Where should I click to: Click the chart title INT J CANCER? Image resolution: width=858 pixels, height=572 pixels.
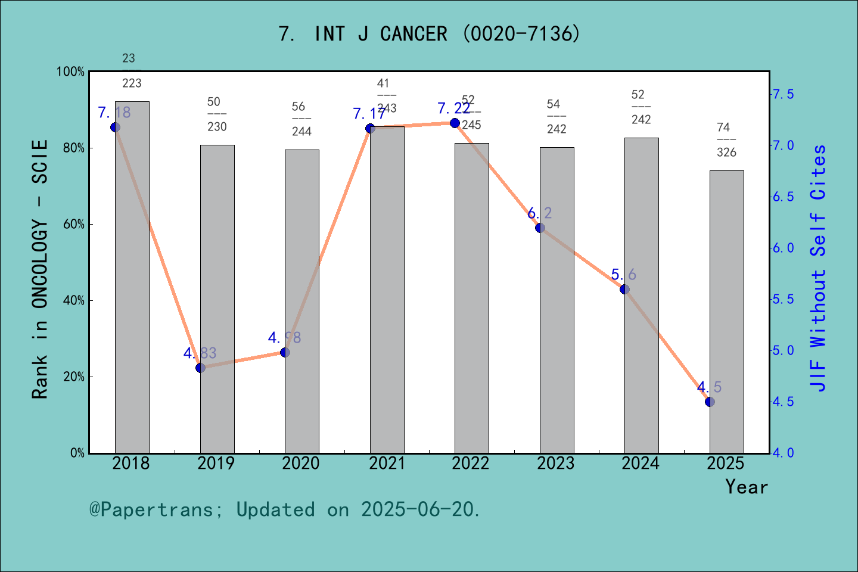coord(429,34)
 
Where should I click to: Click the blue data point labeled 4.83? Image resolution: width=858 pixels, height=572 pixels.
coord(200,368)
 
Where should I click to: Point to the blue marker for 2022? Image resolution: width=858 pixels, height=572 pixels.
coord(455,123)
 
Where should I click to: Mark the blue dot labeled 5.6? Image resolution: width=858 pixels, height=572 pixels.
coord(624,289)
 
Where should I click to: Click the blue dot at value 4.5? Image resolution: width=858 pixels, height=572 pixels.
coord(710,402)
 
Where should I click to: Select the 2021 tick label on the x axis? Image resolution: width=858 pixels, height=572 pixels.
coord(387,463)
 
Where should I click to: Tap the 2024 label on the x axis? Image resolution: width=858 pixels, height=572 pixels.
coord(641,463)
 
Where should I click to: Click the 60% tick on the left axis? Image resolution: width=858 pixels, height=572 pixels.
coord(74,225)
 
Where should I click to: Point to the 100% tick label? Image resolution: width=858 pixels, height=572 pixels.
coord(70,72)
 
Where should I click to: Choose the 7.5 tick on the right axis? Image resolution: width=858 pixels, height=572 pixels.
coord(783,94)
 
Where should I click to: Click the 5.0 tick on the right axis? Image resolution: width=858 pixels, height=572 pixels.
coord(783,350)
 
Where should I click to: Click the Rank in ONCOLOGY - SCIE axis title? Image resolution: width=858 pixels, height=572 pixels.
coord(40,269)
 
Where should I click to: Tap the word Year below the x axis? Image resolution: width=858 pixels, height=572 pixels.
coord(747,487)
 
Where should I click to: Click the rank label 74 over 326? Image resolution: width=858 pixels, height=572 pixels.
coord(726,140)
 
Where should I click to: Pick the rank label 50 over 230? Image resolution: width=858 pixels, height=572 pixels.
coord(217,114)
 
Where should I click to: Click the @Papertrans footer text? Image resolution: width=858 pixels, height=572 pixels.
coord(285,509)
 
